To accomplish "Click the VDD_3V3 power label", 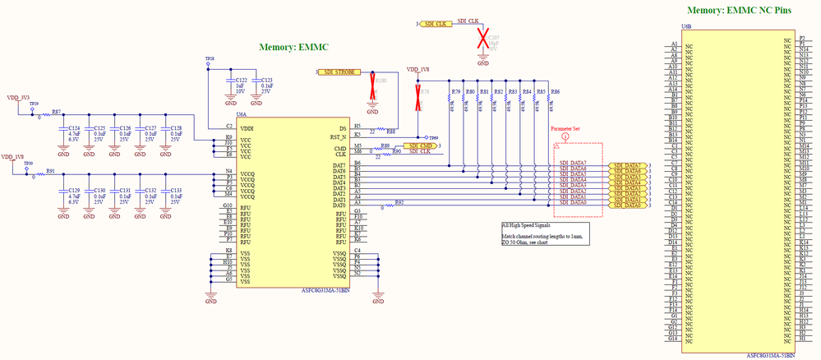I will tap(20, 97).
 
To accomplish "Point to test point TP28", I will tap(209, 60).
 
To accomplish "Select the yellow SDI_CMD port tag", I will tap(420, 145).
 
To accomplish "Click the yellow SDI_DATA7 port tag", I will tap(630, 165).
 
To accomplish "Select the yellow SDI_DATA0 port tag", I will tap(630, 205).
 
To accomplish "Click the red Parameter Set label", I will tap(566, 129).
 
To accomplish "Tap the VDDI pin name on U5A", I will tap(247, 128).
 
